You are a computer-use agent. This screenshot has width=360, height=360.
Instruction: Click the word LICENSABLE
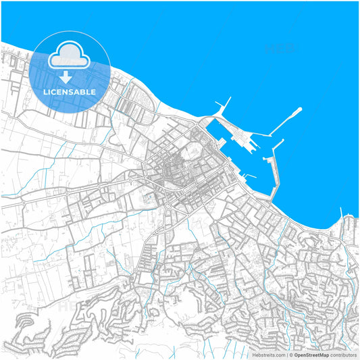pos(70,92)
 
